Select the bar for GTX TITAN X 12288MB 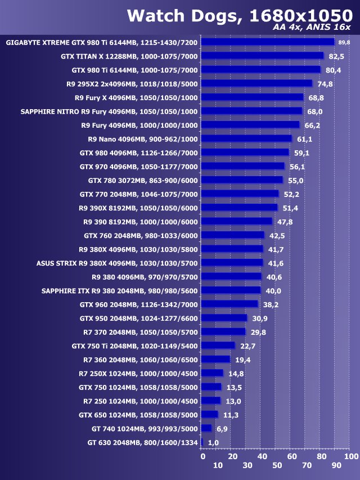[262, 56]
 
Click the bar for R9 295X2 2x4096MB [256, 84]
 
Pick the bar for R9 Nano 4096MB [246, 139]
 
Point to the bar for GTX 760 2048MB [232, 235]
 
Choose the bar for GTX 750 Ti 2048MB [218, 346]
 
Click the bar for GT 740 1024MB [206, 428]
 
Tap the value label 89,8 [344, 42]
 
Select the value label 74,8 [325, 84]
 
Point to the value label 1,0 [213, 442]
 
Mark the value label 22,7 [247, 346]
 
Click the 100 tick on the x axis [350, 456]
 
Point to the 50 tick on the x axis [277, 465]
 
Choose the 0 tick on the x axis [202, 456]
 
